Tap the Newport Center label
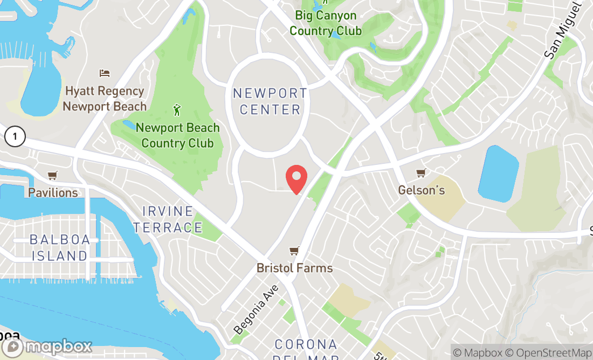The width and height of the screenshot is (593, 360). pyautogui.click(x=270, y=101)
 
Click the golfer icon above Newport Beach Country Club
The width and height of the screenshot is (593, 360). pyautogui.click(x=177, y=110)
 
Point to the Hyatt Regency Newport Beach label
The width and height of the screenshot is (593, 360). pyautogui.click(x=105, y=99)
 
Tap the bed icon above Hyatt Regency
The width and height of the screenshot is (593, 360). pyautogui.click(x=105, y=73)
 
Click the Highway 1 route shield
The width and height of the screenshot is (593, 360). pyautogui.click(x=15, y=137)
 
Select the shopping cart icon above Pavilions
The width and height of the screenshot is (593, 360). pyautogui.click(x=52, y=175)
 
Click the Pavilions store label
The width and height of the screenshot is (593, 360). pyautogui.click(x=53, y=192)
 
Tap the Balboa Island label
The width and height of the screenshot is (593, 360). pyautogui.click(x=59, y=247)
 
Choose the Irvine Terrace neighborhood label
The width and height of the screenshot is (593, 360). pyautogui.click(x=168, y=219)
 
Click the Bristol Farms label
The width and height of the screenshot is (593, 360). pyautogui.click(x=294, y=268)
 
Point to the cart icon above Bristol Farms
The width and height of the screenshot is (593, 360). pyautogui.click(x=294, y=251)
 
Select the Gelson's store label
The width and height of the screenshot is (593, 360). pyautogui.click(x=422, y=190)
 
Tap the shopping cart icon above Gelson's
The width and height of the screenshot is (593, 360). pyautogui.click(x=420, y=173)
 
